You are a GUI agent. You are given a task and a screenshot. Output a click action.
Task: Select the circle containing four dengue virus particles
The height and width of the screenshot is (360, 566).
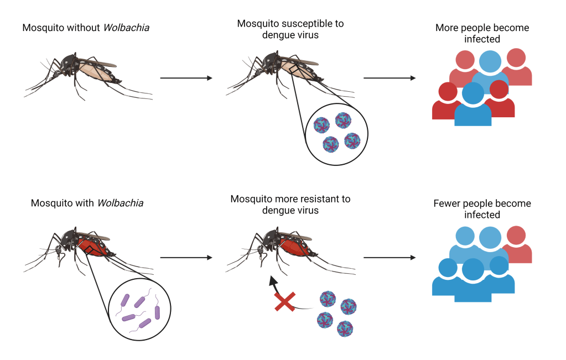pos(336,133)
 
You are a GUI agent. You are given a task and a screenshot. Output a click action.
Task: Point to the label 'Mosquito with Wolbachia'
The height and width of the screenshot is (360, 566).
pos(87,203)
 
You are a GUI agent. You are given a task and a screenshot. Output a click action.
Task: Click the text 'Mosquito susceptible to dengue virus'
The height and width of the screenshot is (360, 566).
pos(290,29)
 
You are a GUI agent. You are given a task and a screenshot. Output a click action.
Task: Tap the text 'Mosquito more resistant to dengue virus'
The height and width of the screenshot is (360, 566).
pos(290,204)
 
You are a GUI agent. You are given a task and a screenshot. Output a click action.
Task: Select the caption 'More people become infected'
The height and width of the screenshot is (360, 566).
pos(482,33)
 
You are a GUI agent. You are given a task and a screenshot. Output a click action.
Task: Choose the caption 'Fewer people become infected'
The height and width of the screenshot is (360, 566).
pos(482,209)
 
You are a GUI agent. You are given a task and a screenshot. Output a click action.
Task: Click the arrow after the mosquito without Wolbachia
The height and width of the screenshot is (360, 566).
pos(186,78)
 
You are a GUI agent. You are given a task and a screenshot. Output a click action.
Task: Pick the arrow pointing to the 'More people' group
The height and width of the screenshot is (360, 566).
pos(390,78)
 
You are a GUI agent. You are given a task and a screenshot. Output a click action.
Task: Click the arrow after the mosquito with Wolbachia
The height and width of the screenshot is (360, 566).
pos(186,258)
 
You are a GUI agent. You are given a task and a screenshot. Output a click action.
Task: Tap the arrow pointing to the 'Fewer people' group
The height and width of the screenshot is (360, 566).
pos(390,258)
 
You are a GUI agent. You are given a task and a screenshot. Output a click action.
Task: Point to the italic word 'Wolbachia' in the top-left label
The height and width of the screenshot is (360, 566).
pos(117,27)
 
